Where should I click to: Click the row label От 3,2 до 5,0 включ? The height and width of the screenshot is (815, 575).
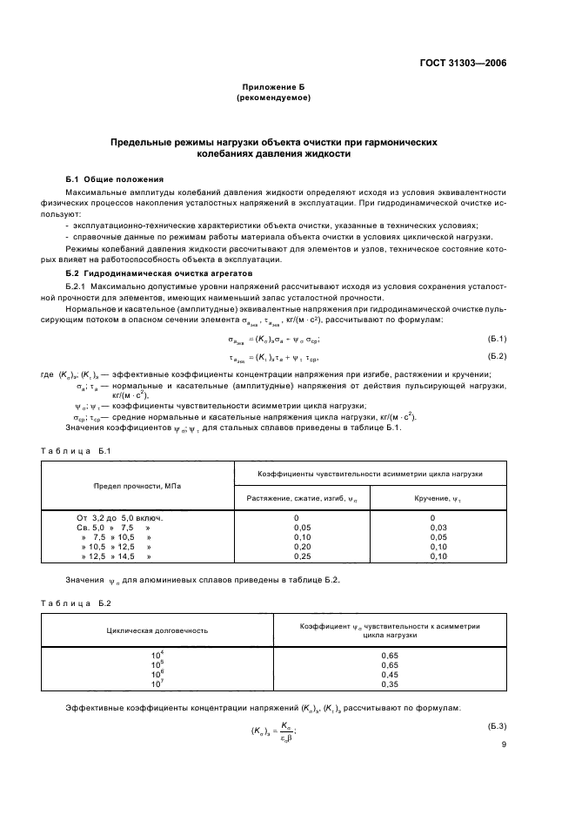120,518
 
